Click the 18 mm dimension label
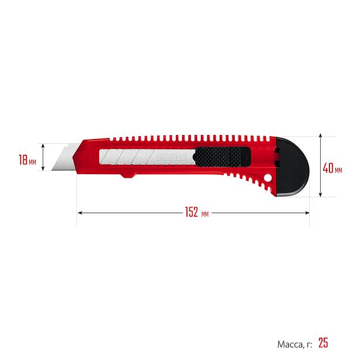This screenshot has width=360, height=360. (27, 160)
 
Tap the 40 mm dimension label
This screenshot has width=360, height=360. (332, 168)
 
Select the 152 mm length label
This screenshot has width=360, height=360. (197, 212)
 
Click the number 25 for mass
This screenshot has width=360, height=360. (323, 343)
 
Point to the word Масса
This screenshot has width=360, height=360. (290, 344)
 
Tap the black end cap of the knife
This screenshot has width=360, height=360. (292, 167)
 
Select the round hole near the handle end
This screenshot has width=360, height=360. (267, 178)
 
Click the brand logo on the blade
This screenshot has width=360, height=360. (172, 157)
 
